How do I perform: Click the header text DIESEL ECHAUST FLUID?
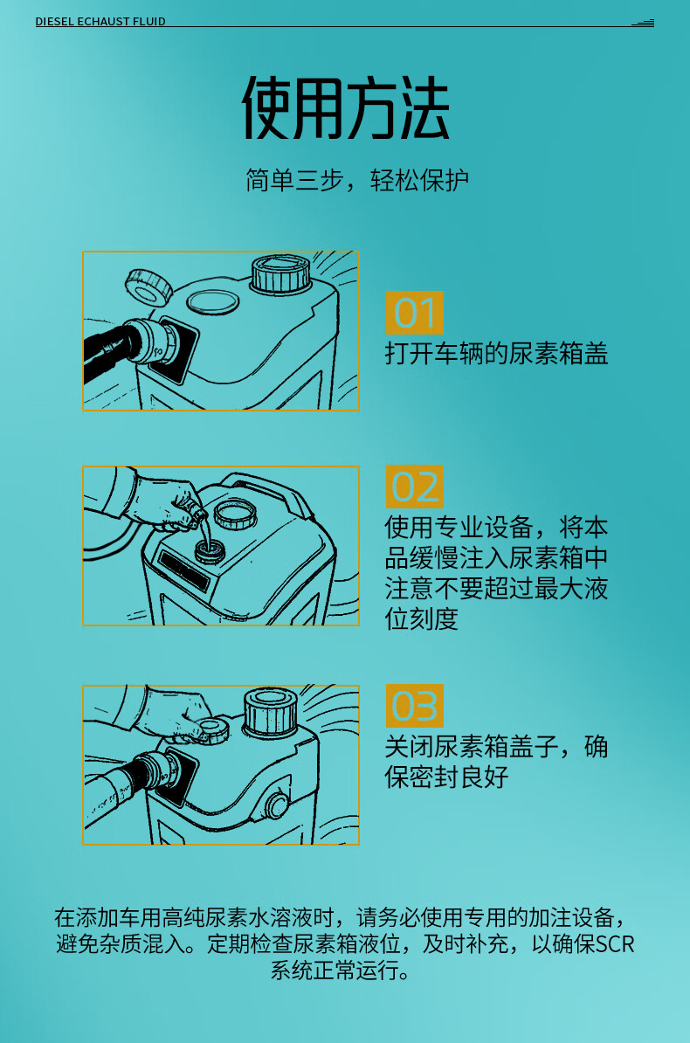(100, 21)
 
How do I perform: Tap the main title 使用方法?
(345, 107)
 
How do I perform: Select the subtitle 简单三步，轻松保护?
(357, 180)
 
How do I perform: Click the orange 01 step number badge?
(415, 313)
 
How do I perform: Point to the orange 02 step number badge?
(415, 487)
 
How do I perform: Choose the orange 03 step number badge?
(415, 706)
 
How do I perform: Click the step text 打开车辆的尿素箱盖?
(496, 353)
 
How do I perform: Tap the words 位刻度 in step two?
(422, 618)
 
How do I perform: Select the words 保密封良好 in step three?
(446, 777)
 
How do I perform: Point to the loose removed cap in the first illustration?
(149, 286)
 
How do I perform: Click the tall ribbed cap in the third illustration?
(270, 710)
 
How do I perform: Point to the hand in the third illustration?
(180, 715)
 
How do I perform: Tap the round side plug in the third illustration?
(277, 805)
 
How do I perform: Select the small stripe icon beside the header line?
(643, 23)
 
